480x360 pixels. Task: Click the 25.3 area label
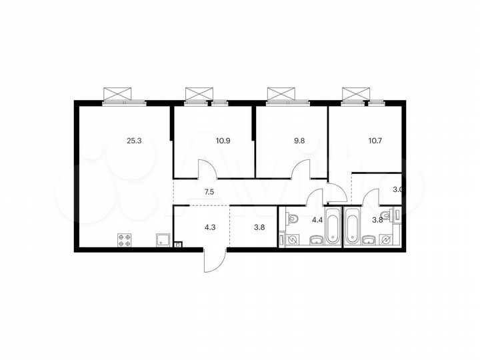coord(134,141)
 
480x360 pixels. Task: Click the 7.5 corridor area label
coord(209,193)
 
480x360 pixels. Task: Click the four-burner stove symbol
coord(124,240)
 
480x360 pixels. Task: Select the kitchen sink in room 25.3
coord(161,240)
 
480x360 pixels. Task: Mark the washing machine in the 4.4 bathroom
coord(285,240)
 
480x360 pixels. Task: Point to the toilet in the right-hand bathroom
coord(397,214)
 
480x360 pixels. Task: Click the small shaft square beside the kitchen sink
coord(177,245)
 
